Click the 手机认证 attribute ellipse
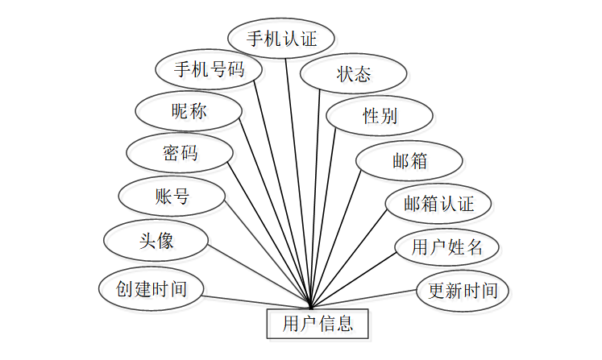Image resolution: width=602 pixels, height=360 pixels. pos(281,38)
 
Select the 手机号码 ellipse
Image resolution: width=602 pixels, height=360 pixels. pos(210,69)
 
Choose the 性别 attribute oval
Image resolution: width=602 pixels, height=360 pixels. pos(380,116)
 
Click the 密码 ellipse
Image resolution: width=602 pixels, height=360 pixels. pos(180,152)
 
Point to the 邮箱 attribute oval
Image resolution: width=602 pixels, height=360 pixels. pos(409,160)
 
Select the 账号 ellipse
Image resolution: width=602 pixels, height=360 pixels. pos(172,196)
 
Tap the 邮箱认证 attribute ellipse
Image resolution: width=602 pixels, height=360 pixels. pos(438,204)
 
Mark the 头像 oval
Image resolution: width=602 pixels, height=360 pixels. pos(156,241)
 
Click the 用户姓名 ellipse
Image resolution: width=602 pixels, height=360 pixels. pos(447,247)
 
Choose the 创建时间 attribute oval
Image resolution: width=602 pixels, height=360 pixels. pos(151,288)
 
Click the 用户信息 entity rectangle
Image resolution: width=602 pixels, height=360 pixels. pos(318,325)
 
